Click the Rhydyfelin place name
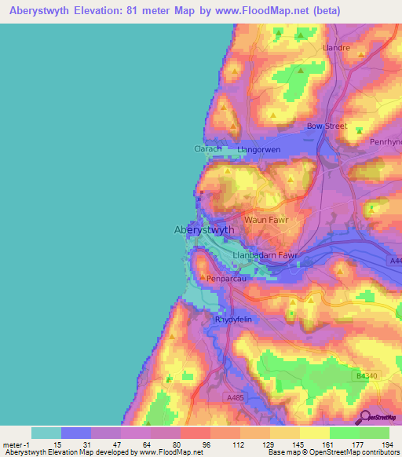[x=235, y=320]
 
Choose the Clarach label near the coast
[x=208, y=148]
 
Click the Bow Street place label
[x=327, y=126]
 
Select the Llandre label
[x=337, y=47]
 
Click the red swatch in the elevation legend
[x=195, y=433]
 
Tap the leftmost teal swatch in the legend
[x=46, y=433]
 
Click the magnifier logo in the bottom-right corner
[x=364, y=417]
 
